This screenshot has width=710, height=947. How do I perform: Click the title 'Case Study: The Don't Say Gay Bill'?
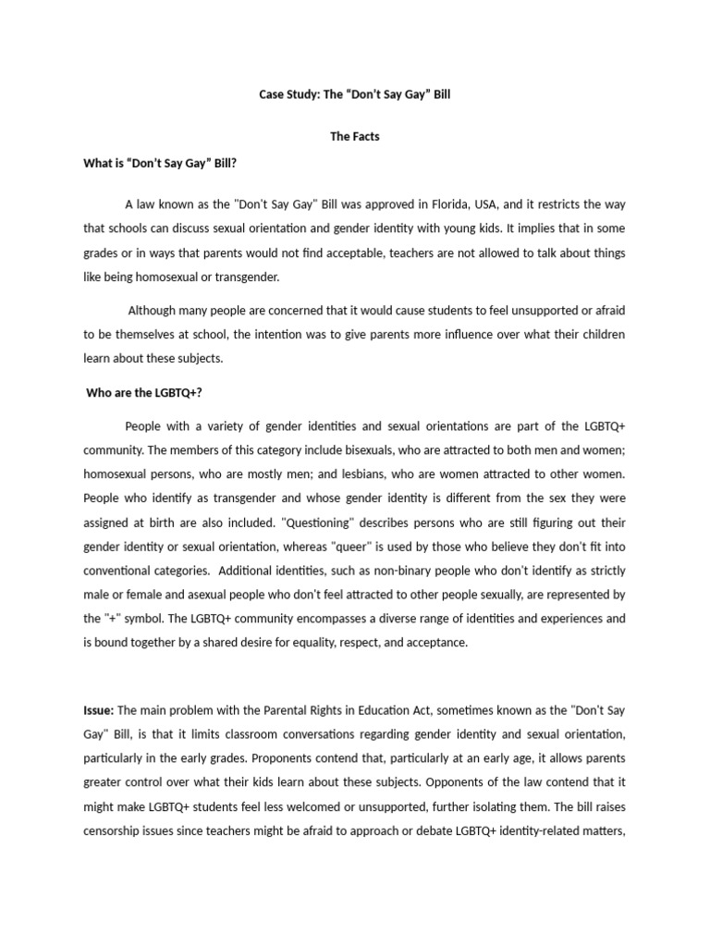click(x=355, y=95)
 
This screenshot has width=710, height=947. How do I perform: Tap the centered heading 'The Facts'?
click(x=355, y=137)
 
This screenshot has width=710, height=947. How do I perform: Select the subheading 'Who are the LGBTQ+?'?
click(x=143, y=393)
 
